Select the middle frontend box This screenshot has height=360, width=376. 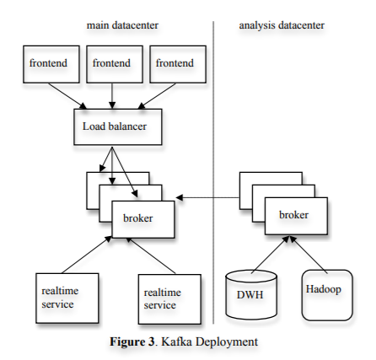point(111,65)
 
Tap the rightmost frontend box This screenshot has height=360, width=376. point(176,65)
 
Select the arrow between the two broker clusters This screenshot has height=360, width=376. point(207,196)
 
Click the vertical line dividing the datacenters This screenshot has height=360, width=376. point(213,169)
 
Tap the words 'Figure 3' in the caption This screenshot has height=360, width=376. point(130,341)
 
